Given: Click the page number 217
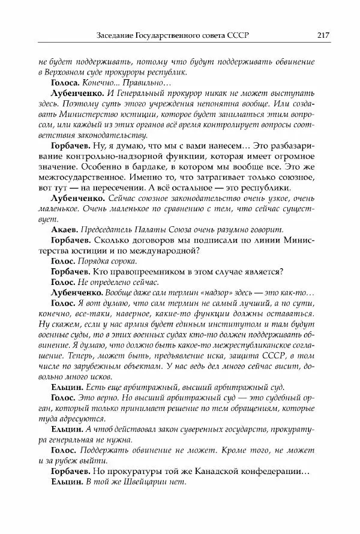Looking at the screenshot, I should click(x=323, y=35).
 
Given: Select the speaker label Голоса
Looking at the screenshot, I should click(x=66, y=83).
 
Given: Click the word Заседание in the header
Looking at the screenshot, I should click(x=119, y=35).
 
